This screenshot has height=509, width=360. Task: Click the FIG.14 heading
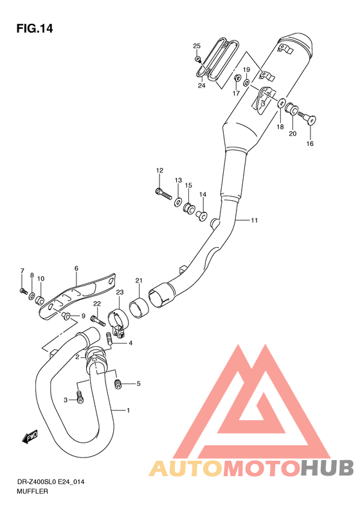(34, 29)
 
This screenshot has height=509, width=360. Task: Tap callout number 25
(197, 45)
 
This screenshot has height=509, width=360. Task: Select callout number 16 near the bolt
(310, 143)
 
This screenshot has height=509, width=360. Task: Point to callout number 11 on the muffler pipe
(255, 221)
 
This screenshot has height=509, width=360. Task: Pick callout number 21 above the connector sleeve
(138, 280)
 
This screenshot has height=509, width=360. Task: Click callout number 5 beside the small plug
(138, 384)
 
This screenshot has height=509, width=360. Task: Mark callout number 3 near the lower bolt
(65, 400)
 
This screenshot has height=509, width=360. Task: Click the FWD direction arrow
(30, 438)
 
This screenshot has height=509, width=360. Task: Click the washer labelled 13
(177, 202)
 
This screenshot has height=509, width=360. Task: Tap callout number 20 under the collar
(292, 134)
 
